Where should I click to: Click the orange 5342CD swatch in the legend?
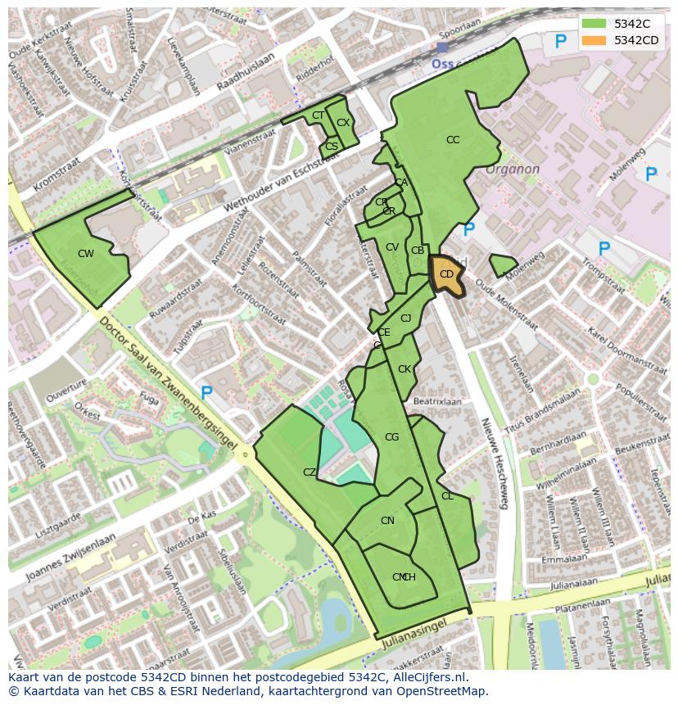[594, 40]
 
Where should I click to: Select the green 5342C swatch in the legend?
[594, 24]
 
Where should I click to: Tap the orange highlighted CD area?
[446, 276]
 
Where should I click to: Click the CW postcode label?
[86, 254]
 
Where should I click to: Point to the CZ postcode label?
[310, 472]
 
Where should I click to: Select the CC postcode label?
[453, 140]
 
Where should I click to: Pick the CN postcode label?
[387, 521]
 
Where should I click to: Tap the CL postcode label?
[447, 496]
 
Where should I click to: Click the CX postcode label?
[343, 123]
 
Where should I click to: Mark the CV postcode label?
[392, 247]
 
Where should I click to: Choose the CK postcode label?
[405, 369]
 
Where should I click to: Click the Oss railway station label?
[443, 61]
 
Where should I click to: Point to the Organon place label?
[513, 169]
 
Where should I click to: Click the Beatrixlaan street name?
[437, 402]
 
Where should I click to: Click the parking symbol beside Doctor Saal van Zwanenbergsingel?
[207, 394]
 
